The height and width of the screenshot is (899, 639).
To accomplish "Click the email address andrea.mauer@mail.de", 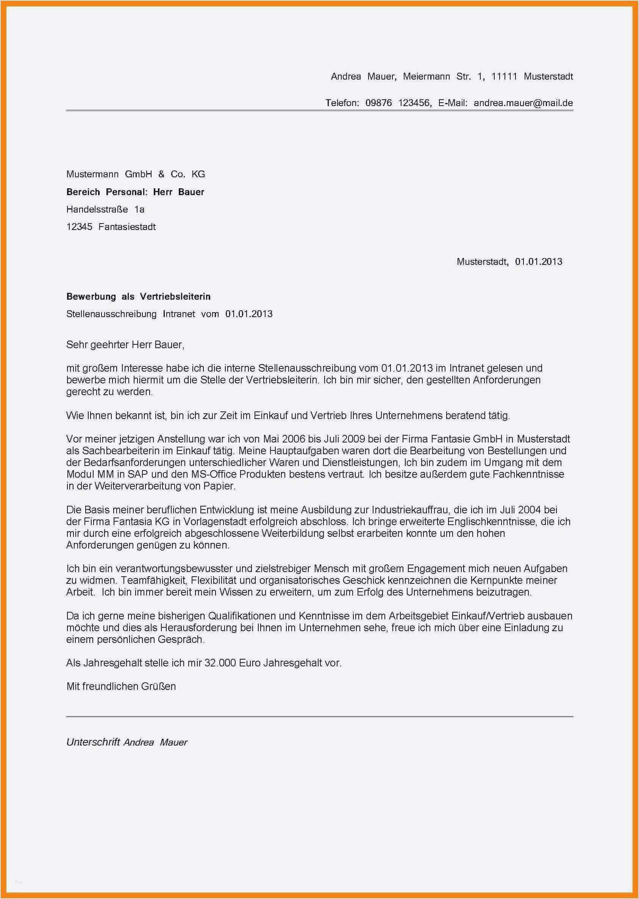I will point(523,103).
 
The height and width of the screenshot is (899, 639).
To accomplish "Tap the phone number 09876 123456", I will point(398,103).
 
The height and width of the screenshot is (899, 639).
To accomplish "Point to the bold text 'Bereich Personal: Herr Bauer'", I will point(135,192).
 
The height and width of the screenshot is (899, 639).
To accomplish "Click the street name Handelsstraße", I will point(97,209).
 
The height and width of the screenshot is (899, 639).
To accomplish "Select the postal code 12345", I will point(79,227).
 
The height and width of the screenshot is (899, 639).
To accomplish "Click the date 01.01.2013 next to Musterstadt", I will point(539,262).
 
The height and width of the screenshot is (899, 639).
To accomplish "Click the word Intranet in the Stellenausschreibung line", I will point(179,314).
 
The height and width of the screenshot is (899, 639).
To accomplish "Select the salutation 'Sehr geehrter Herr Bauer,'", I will point(125,345).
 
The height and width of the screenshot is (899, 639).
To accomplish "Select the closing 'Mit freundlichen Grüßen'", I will point(121,686).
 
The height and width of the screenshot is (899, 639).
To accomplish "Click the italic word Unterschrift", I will point(93,742).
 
